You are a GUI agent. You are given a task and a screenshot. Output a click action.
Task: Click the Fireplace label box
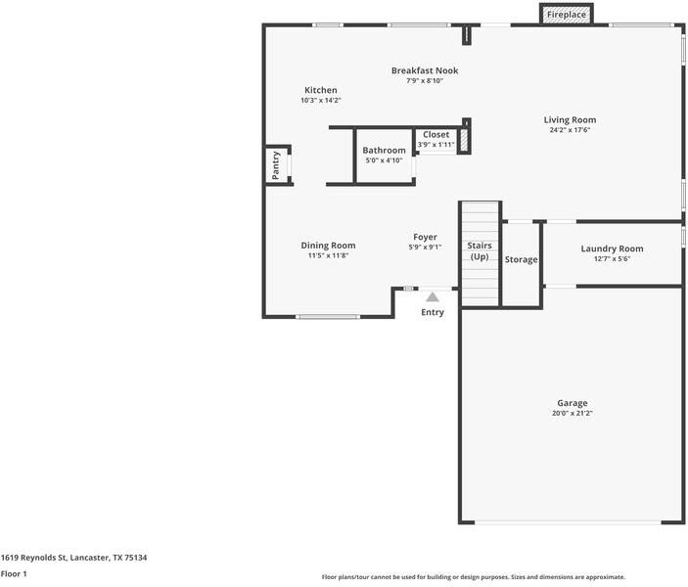click(567, 15)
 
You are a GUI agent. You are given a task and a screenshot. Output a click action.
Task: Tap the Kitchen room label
click(320, 90)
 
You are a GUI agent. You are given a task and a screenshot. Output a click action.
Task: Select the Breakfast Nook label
click(425, 70)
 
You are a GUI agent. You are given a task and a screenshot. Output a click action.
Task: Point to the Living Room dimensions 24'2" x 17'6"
click(570, 130)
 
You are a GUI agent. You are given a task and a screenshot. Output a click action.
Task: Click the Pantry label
click(276, 165)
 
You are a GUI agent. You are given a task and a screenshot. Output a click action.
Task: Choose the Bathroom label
click(384, 151)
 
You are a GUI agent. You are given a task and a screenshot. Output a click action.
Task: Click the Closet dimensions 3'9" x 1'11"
click(436, 145)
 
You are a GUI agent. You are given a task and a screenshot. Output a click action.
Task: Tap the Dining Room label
click(328, 246)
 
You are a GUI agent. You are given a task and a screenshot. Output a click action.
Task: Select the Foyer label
click(425, 237)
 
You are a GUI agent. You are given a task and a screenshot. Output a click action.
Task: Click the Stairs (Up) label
click(480, 250)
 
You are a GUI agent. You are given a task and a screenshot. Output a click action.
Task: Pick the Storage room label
click(521, 259)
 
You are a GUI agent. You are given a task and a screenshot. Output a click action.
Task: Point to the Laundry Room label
click(612, 248)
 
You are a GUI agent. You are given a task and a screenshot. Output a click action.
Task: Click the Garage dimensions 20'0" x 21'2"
click(573, 414)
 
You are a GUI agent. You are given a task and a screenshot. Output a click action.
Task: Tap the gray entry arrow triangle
click(432, 296)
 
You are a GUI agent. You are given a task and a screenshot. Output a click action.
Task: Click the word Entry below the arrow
click(433, 312)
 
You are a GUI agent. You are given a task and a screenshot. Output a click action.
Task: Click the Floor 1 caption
click(14, 574)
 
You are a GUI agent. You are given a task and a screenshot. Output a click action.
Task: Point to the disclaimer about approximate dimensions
click(473, 577)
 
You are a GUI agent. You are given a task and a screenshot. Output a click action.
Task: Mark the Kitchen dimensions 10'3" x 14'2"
click(320, 101)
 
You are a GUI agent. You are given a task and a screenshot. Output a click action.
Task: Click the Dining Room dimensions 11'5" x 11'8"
click(328, 256)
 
